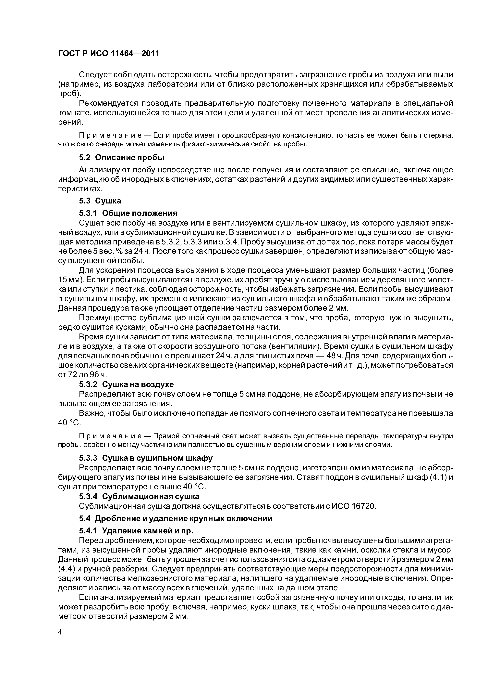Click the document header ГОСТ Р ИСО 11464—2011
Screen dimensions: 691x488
108,54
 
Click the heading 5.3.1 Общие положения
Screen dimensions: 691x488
128,213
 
